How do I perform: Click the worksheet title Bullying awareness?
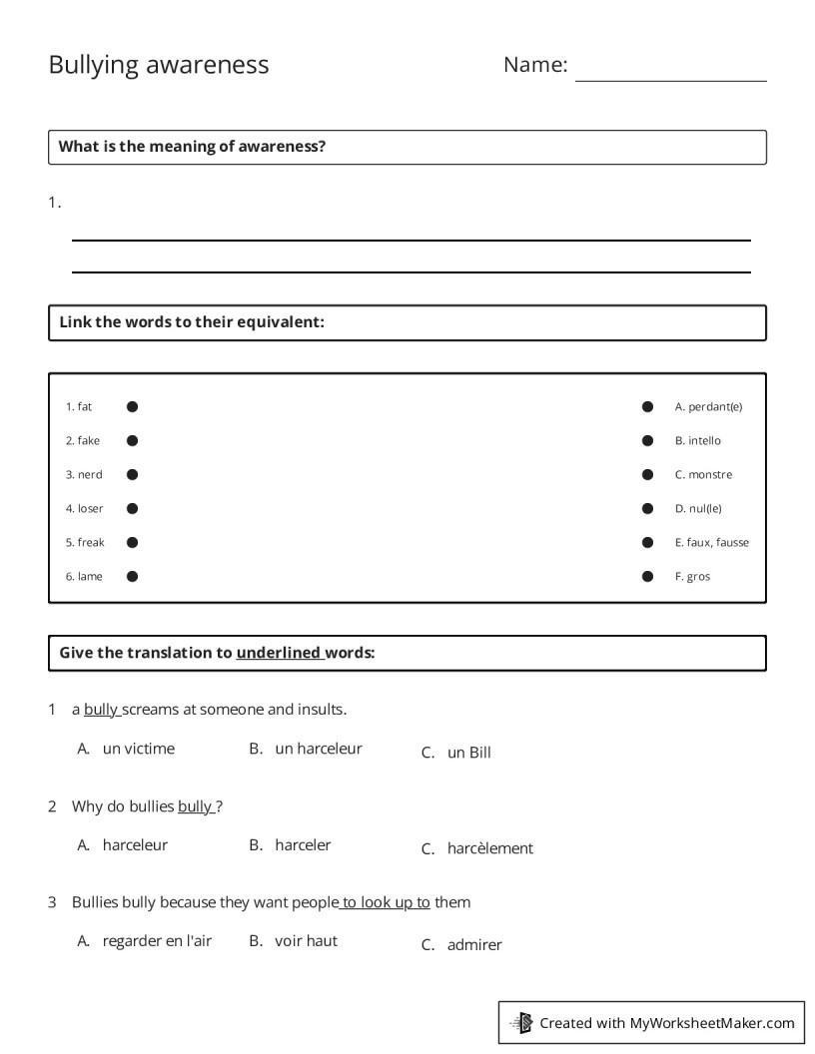pos(159,65)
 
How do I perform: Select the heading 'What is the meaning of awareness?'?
pos(193,147)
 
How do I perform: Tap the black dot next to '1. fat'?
pos(132,407)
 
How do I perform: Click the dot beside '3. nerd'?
pos(132,475)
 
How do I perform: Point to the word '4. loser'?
pos(85,509)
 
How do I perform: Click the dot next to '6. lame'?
pos(132,577)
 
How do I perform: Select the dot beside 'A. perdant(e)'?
pos(647,407)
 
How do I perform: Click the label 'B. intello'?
pos(697,441)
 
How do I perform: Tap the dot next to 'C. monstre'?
pos(647,475)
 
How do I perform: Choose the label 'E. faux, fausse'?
pos(711,543)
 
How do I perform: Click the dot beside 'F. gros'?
pos(647,577)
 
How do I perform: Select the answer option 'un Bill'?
pos(469,754)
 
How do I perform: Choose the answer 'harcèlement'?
pos(490,848)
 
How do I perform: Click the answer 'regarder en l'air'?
pos(157,940)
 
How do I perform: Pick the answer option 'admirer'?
pos(474,945)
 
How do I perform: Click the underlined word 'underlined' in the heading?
pos(279,654)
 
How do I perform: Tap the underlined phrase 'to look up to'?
pos(386,902)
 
